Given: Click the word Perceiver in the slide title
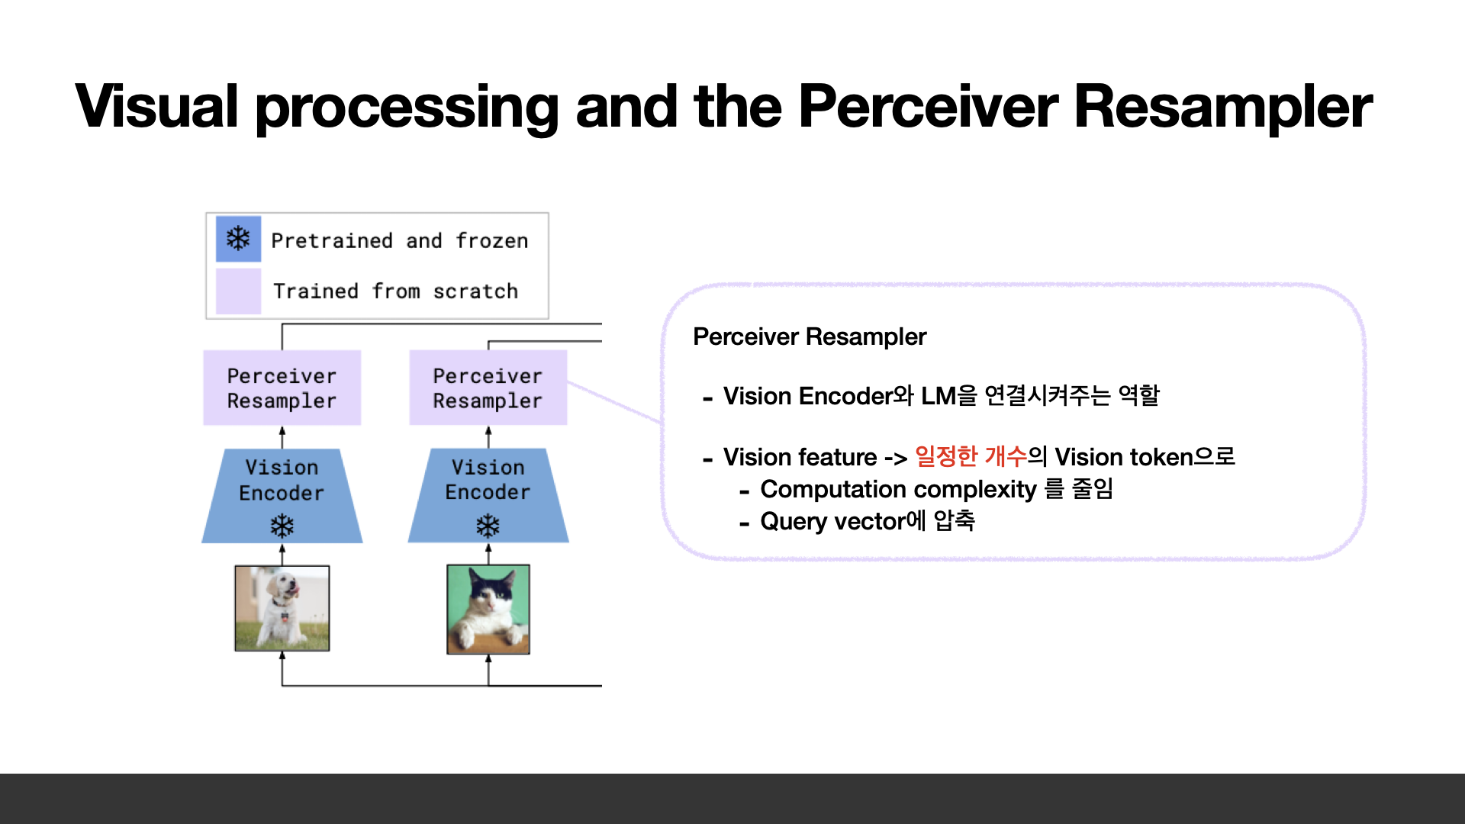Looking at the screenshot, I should tap(928, 107).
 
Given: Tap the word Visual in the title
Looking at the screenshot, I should tap(157, 107).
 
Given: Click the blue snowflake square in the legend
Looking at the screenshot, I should tap(238, 239).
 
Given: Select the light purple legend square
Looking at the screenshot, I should tap(238, 291).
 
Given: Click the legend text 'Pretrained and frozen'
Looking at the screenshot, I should tap(399, 241).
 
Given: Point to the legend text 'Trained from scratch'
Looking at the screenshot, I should tap(395, 291).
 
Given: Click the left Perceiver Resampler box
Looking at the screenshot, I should tap(282, 388).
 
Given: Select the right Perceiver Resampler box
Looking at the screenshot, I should tap(488, 388).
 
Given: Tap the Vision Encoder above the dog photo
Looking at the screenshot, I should tap(282, 488).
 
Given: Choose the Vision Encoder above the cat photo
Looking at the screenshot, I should tap(488, 488).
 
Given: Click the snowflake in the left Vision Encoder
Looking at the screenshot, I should tap(282, 526).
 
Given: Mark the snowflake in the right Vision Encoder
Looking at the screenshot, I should tap(488, 526).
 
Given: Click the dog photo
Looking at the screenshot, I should tap(282, 608).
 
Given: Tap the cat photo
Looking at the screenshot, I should tap(488, 609).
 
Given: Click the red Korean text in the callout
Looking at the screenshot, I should tap(971, 456).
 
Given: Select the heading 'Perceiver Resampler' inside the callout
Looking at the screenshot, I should tap(809, 336).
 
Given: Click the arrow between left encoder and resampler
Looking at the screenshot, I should tap(282, 436).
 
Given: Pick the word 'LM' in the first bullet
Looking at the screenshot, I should tap(938, 396).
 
